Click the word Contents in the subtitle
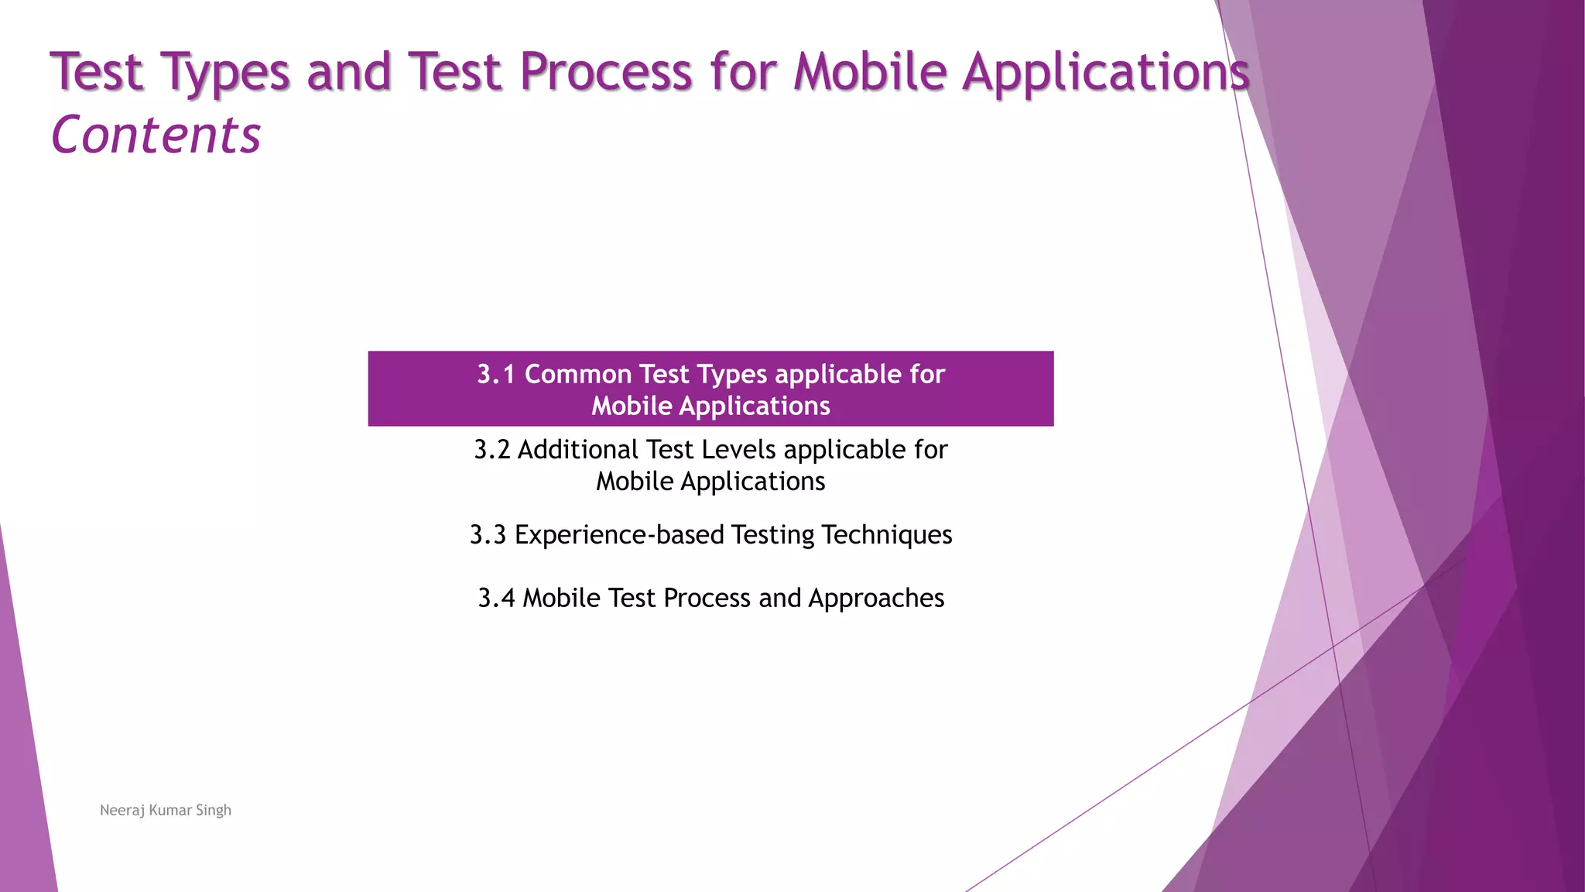point(156,136)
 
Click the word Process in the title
point(605,72)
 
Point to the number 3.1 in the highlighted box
point(496,375)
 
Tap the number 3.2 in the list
point(492,450)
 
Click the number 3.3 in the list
point(488,535)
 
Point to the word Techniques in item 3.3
point(886,535)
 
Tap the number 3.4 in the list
point(496,599)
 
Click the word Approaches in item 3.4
point(876,599)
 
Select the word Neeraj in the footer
point(122,811)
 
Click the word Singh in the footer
point(214,811)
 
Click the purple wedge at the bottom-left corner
point(23,813)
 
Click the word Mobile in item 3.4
point(562,599)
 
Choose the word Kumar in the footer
point(170,811)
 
